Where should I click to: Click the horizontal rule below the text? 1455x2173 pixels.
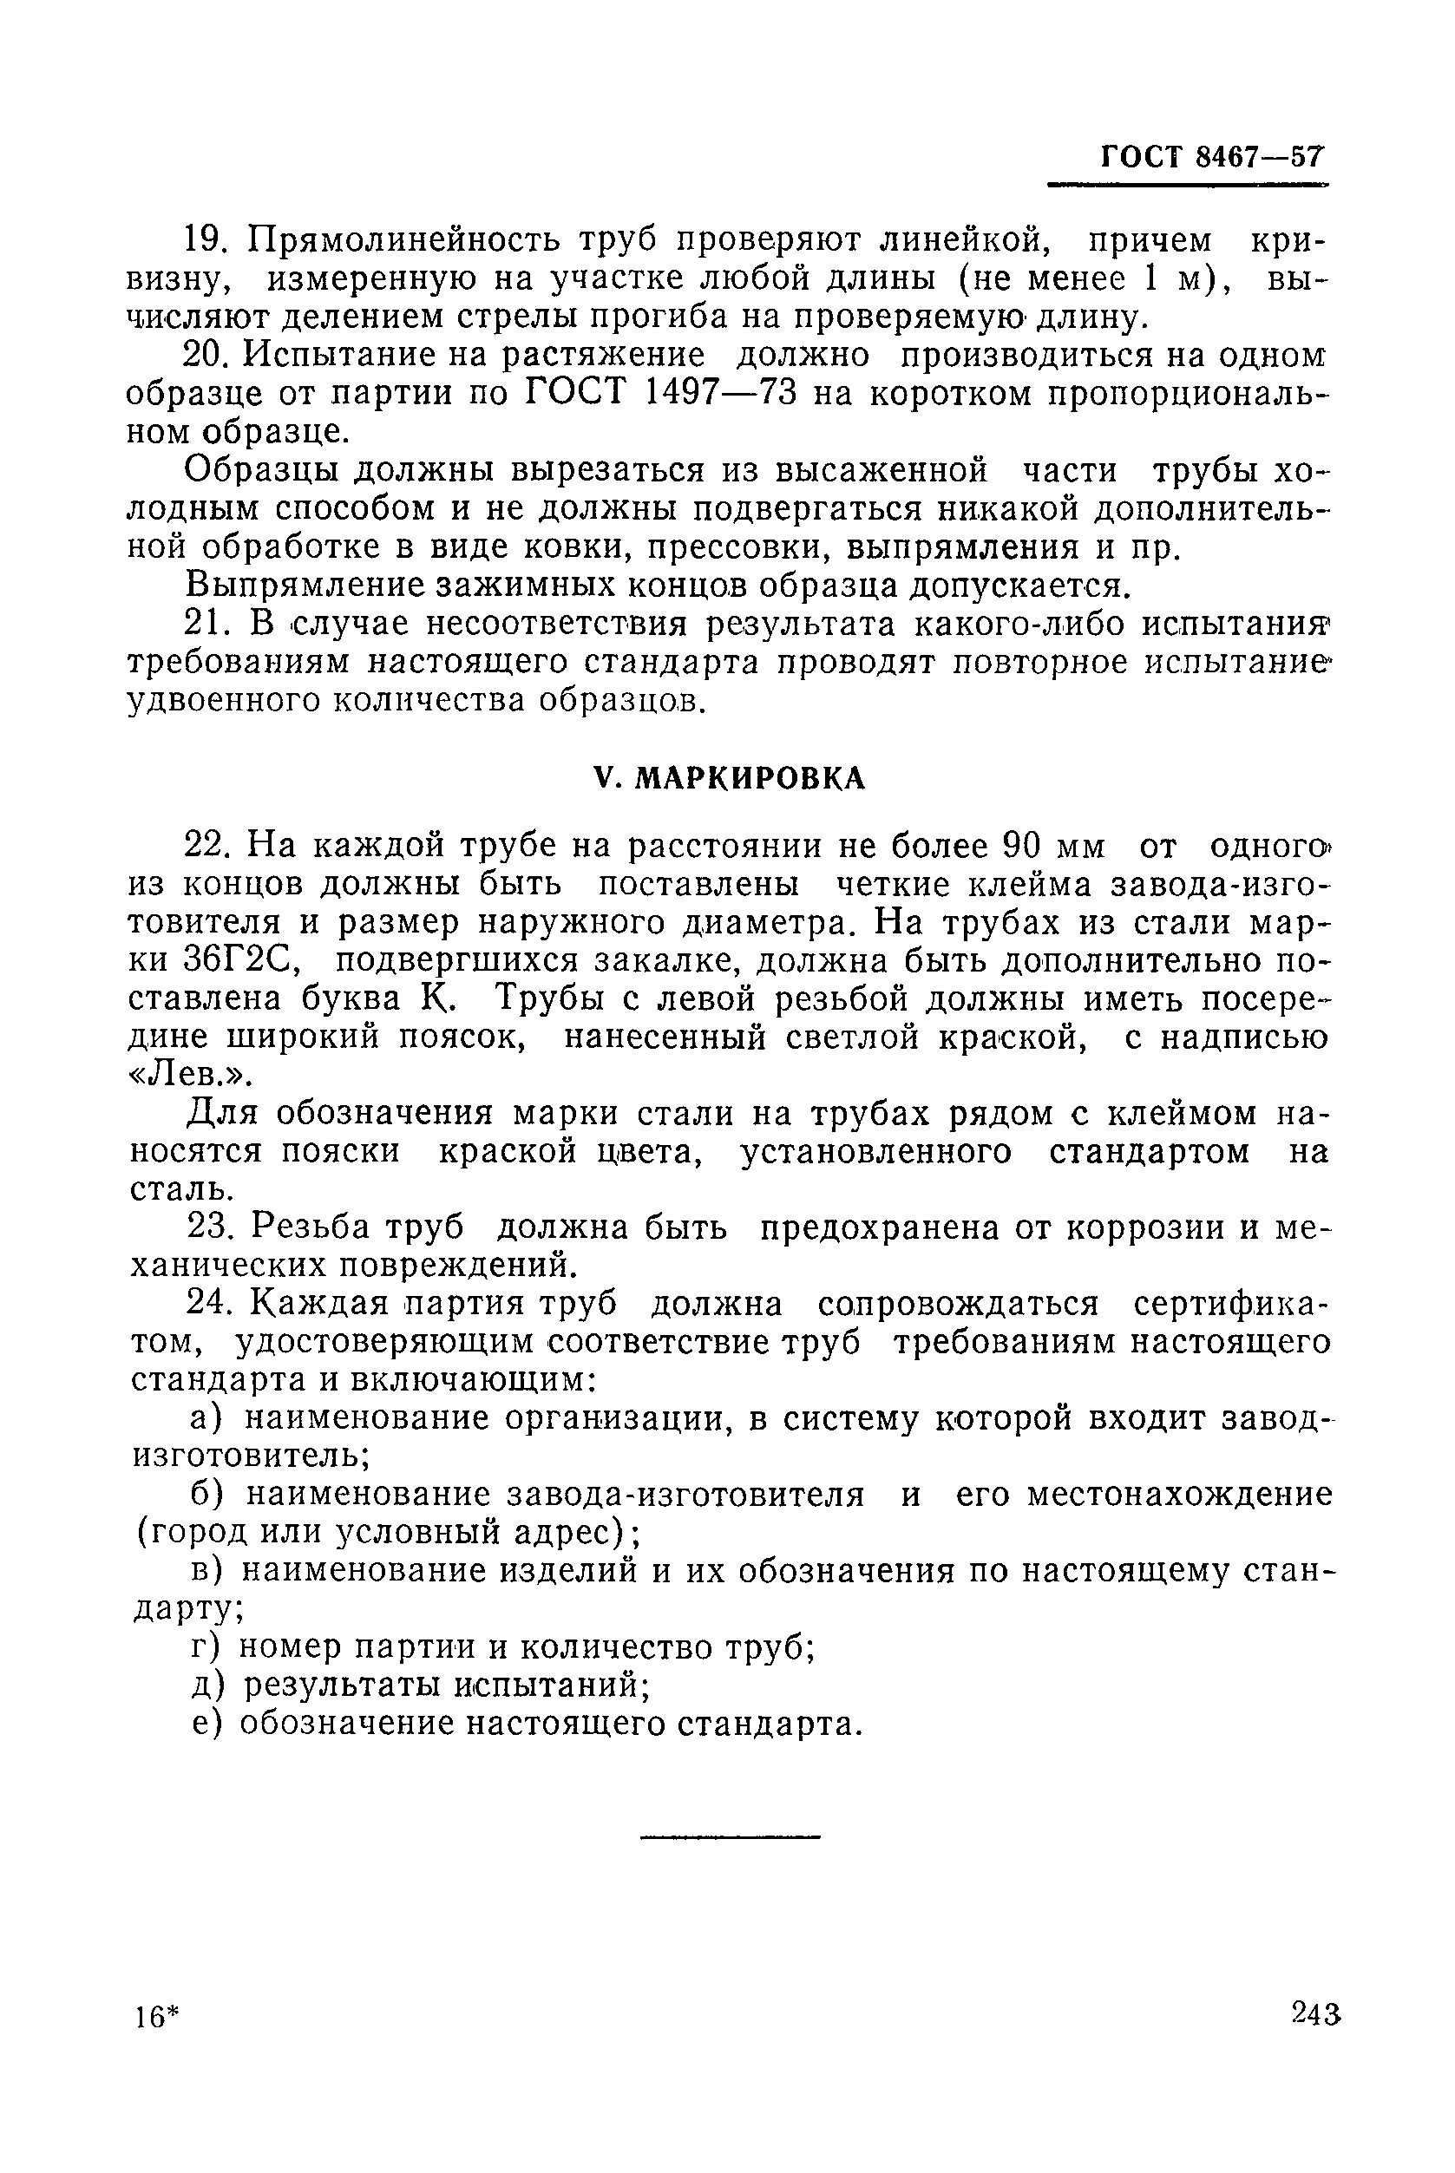pyautogui.click(x=731, y=1837)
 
